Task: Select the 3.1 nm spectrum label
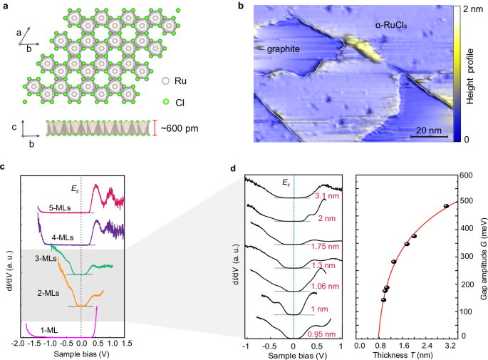(325, 195)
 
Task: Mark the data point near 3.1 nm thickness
(446, 206)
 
